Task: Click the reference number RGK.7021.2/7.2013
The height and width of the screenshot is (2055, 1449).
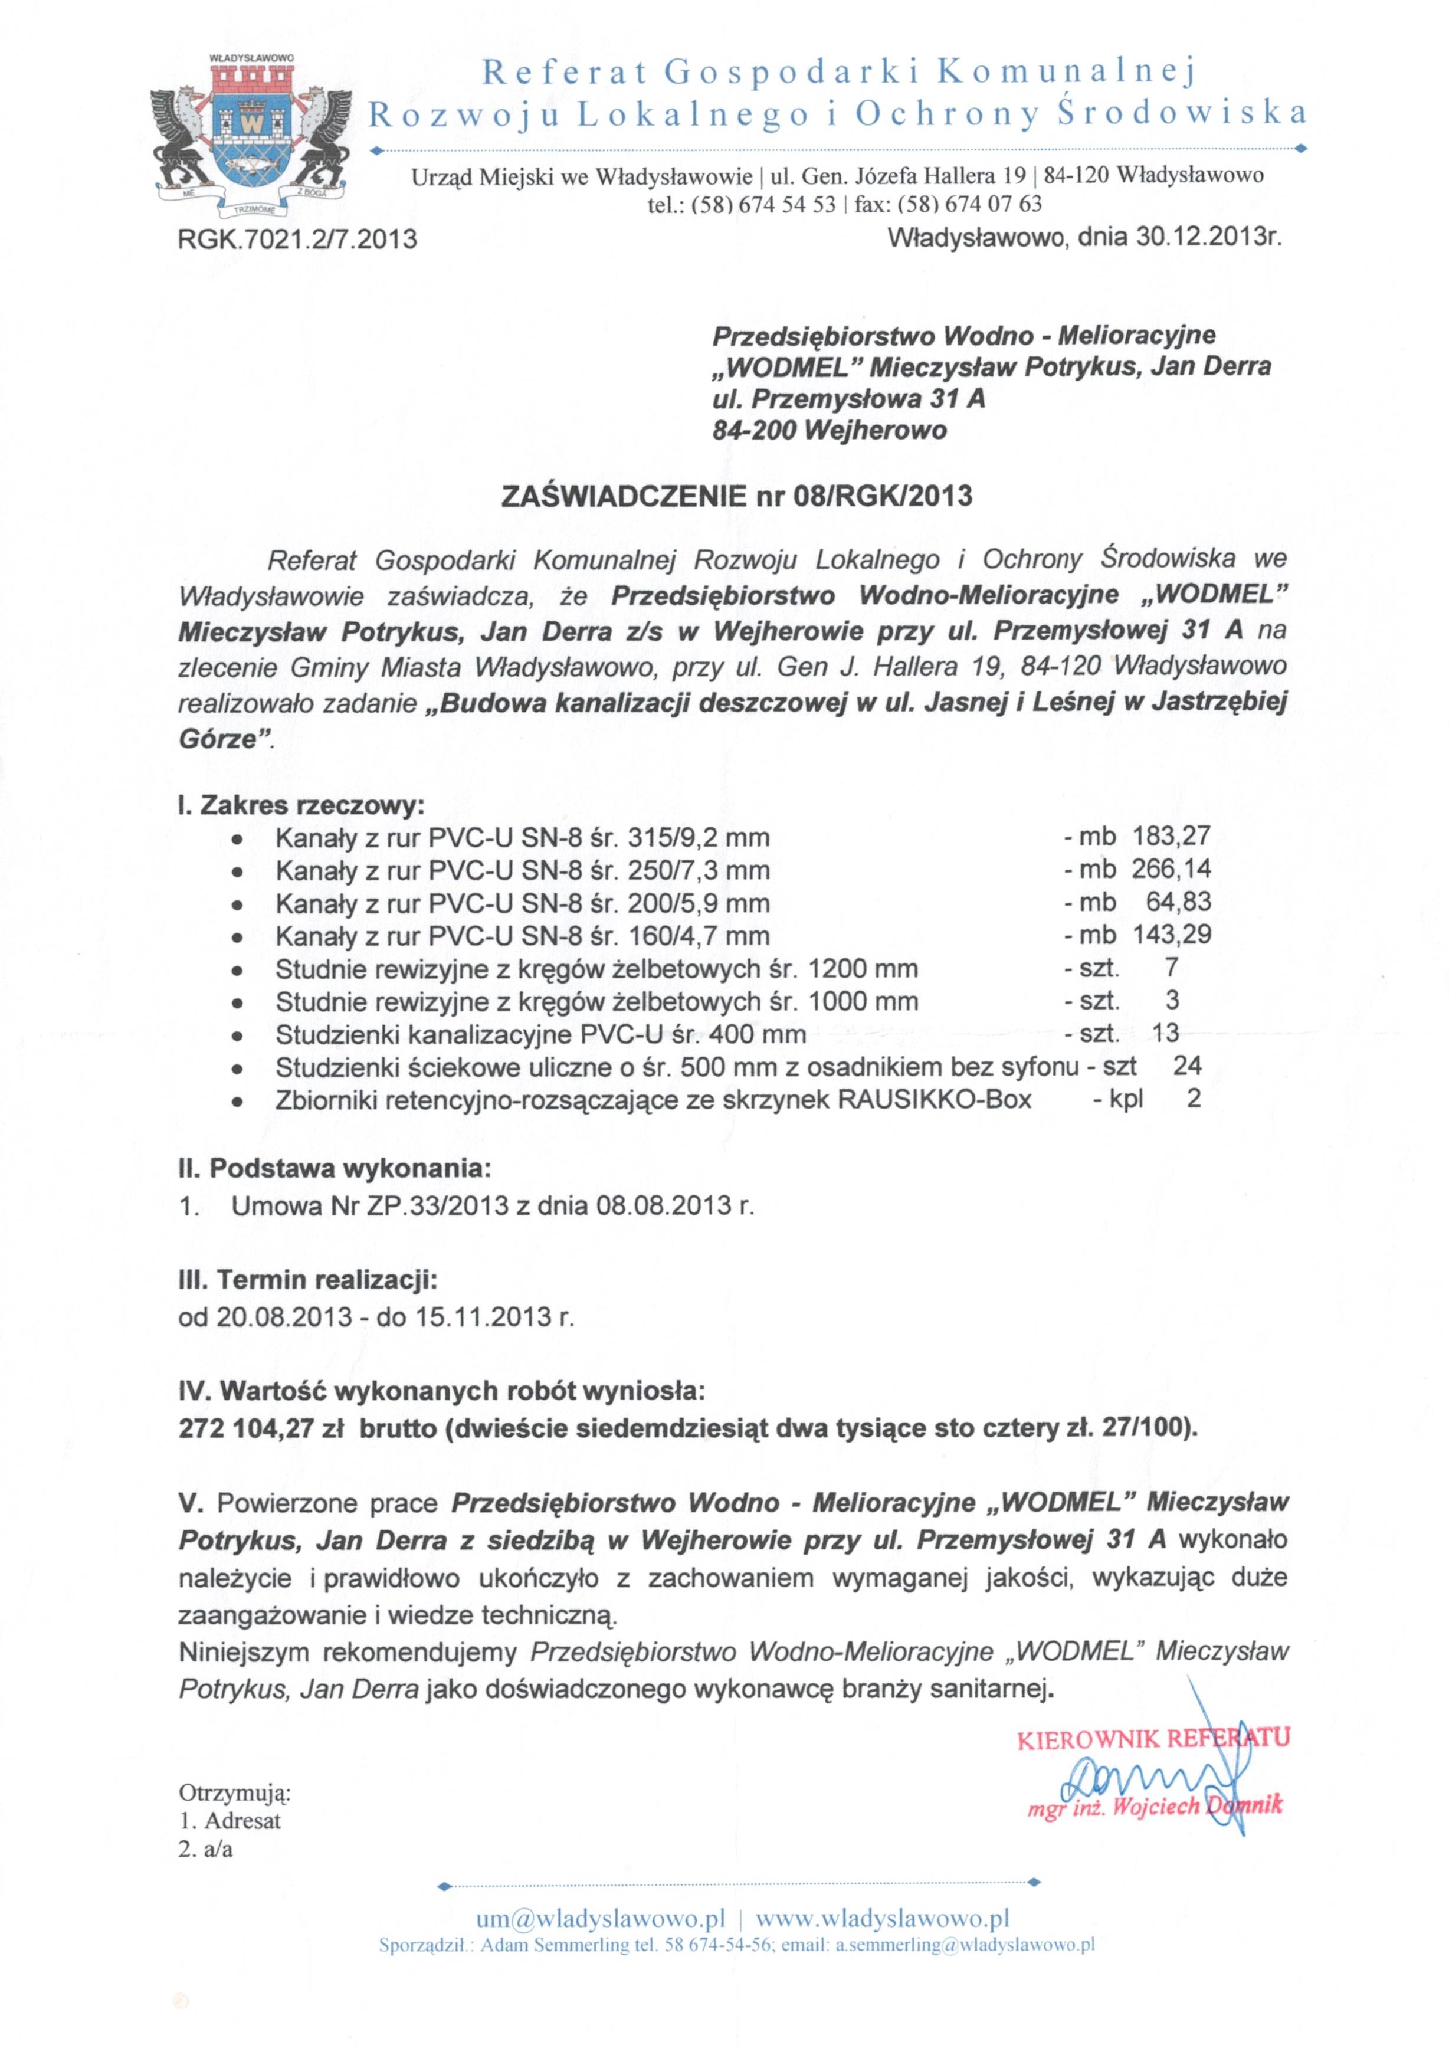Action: [298, 239]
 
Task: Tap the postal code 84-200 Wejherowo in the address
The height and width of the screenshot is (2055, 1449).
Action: [829, 431]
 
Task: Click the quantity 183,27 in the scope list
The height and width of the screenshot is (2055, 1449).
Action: [1171, 836]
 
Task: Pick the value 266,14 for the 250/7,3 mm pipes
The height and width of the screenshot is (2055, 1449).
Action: [1171, 869]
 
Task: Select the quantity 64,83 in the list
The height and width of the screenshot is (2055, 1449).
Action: [1178, 902]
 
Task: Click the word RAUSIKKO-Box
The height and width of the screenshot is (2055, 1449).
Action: [935, 1099]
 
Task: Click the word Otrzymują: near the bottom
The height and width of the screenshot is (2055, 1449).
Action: [234, 1793]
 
